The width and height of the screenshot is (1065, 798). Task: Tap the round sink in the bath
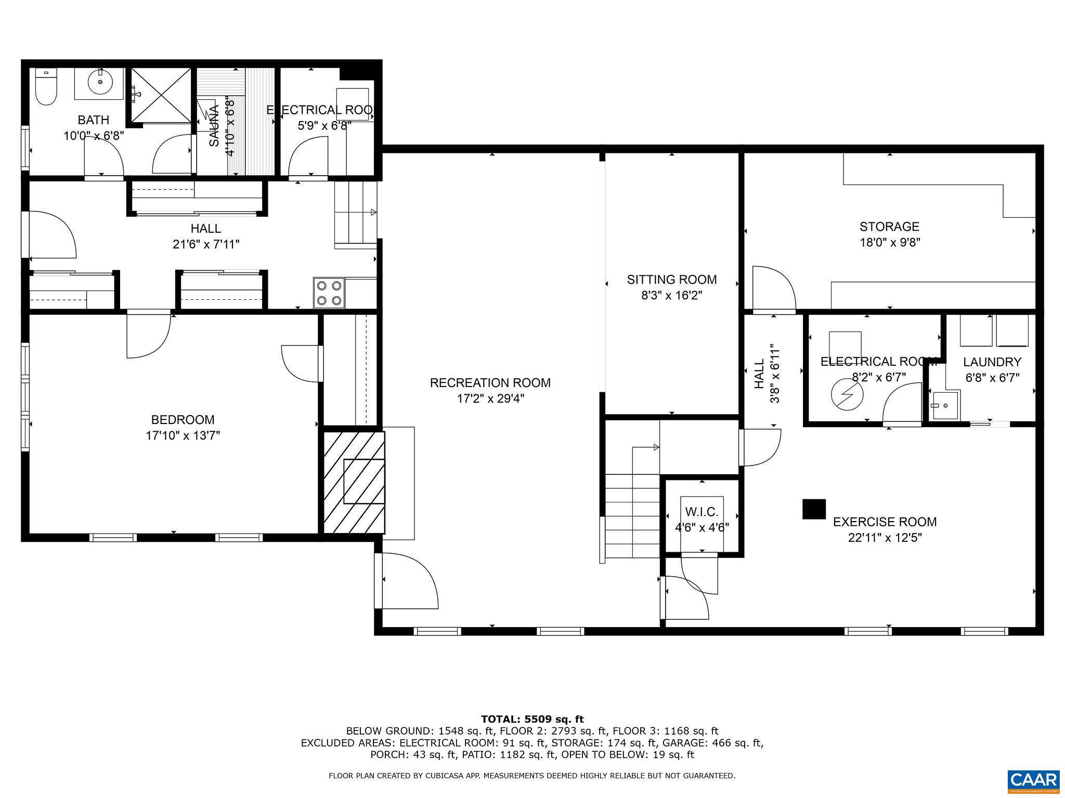[x=99, y=82]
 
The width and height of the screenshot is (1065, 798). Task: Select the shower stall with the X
[x=161, y=96]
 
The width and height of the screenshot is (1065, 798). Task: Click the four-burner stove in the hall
[x=329, y=293]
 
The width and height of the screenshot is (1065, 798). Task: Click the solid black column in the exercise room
[x=814, y=509]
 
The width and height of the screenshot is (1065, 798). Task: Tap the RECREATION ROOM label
[x=490, y=383]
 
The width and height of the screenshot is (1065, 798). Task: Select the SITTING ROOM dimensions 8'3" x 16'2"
[x=671, y=296]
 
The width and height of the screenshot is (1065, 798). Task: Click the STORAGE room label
[x=889, y=227]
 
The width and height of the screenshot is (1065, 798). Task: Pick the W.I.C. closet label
[x=702, y=512]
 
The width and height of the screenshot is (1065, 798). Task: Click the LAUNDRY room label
[x=992, y=362]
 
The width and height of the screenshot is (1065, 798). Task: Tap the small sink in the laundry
[x=944, y=406]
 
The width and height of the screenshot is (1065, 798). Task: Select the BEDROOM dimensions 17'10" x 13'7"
[x=183, y=435]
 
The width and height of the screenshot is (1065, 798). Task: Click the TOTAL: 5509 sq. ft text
[x=532, y=720]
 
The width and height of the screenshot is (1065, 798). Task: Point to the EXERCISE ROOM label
[x=885, y=522]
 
